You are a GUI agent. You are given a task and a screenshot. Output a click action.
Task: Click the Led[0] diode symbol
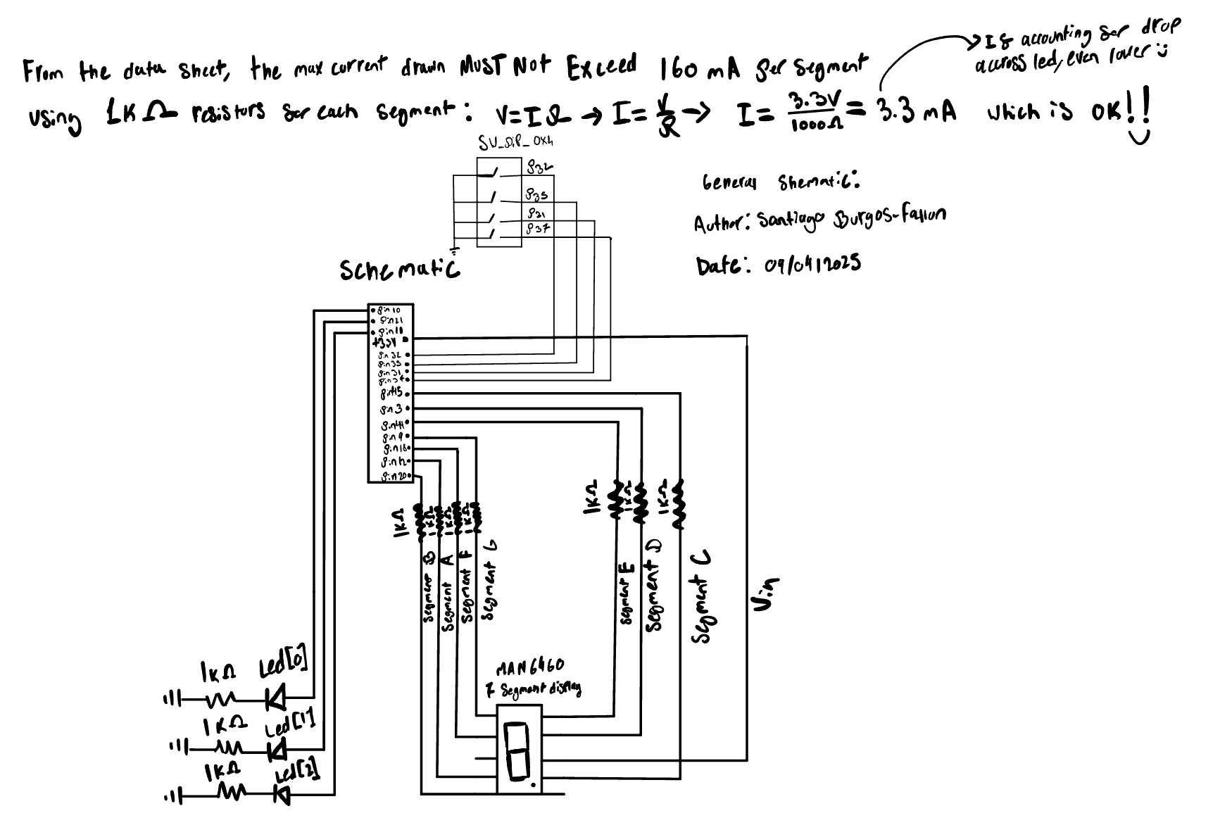coord(275,698)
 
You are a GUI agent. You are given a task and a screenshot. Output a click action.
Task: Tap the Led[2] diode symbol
coord(283,795)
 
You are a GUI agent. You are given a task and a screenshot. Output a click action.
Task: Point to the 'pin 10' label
coord(389,310)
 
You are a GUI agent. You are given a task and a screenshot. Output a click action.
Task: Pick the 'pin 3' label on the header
coord(391,409)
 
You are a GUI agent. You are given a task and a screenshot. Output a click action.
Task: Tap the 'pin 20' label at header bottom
coord(395,477)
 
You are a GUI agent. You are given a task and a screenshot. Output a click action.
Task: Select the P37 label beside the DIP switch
coord(537,229)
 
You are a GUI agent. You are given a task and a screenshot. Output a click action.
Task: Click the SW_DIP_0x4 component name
coord(515,144)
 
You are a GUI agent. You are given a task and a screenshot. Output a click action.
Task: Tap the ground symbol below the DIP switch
coord(455,251)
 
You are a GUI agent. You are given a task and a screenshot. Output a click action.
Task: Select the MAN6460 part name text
coord(530,667)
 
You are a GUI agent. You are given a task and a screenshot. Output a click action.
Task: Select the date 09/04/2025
coord(812,265)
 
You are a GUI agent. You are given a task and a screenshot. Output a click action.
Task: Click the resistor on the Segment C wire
coord(678,504)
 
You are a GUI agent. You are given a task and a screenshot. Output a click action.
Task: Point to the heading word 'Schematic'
coord(399,269)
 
